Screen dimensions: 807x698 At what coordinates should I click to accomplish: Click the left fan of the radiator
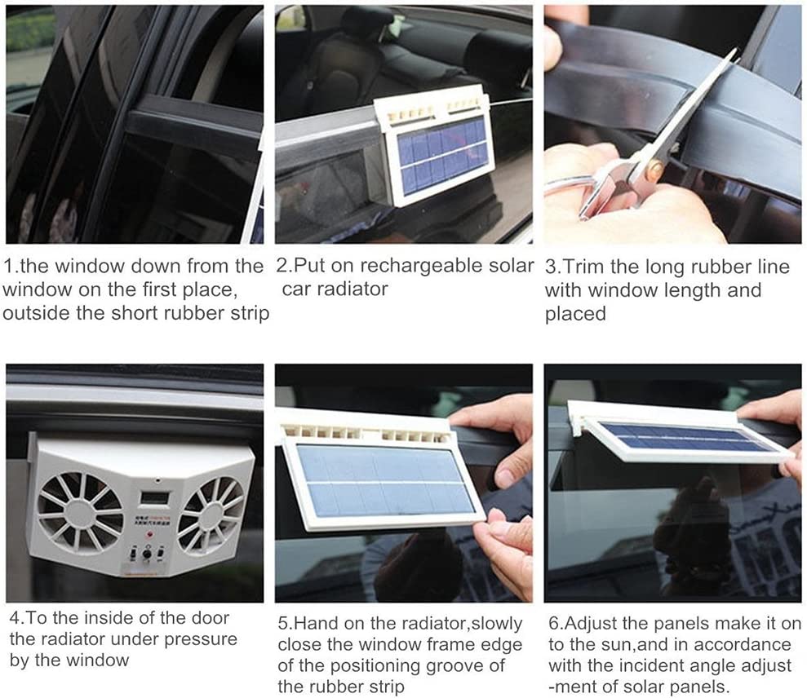[82, 509]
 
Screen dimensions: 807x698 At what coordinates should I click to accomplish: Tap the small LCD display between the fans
[153, 498]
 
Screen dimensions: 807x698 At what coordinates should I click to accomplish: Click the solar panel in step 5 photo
[384, 481]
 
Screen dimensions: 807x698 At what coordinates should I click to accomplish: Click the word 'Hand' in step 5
[317, 624]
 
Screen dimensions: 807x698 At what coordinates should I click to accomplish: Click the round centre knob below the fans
[147, 554]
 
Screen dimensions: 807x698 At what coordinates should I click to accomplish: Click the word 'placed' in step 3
[576, 314]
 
